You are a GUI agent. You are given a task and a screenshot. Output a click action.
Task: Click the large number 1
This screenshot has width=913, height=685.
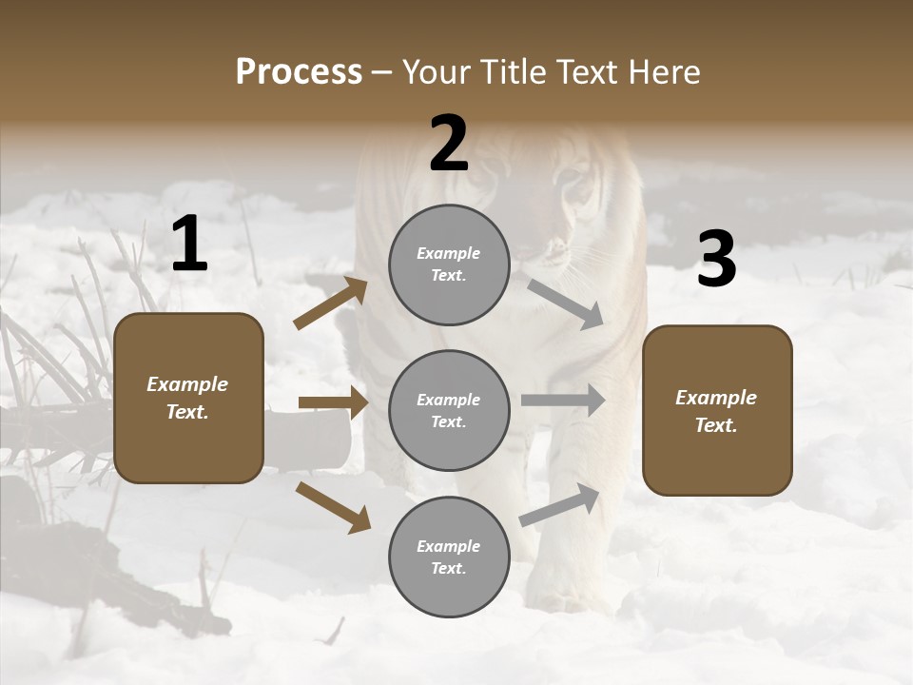pos(189,245)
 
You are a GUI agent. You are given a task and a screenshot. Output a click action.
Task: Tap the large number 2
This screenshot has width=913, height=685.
pos(449,144)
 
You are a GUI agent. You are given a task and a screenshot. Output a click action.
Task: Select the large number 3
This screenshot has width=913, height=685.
pos(716,259)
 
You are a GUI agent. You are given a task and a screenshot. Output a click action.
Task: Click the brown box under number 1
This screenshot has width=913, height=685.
pos(188,398)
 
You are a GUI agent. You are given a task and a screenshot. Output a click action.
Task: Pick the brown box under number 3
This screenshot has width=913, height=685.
pos(717,411)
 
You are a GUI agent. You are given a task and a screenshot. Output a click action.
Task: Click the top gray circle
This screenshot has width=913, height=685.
pos(449,264)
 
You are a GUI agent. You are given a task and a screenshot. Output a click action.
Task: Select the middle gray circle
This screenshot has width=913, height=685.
pos(449,411)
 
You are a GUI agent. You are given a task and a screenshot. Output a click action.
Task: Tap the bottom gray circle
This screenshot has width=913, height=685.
pos(449,558)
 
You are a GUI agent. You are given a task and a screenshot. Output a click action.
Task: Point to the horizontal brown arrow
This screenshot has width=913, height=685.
pos(333,403)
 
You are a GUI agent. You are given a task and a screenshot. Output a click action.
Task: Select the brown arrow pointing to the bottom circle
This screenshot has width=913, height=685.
pos(333,506)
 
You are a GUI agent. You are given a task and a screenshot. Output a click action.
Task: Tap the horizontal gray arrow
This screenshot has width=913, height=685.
pos(563,401)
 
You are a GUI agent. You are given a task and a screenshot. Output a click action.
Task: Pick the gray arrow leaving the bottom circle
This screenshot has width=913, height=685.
pos(560,505)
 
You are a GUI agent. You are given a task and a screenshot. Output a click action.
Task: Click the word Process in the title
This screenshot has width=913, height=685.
pos(299,71)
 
